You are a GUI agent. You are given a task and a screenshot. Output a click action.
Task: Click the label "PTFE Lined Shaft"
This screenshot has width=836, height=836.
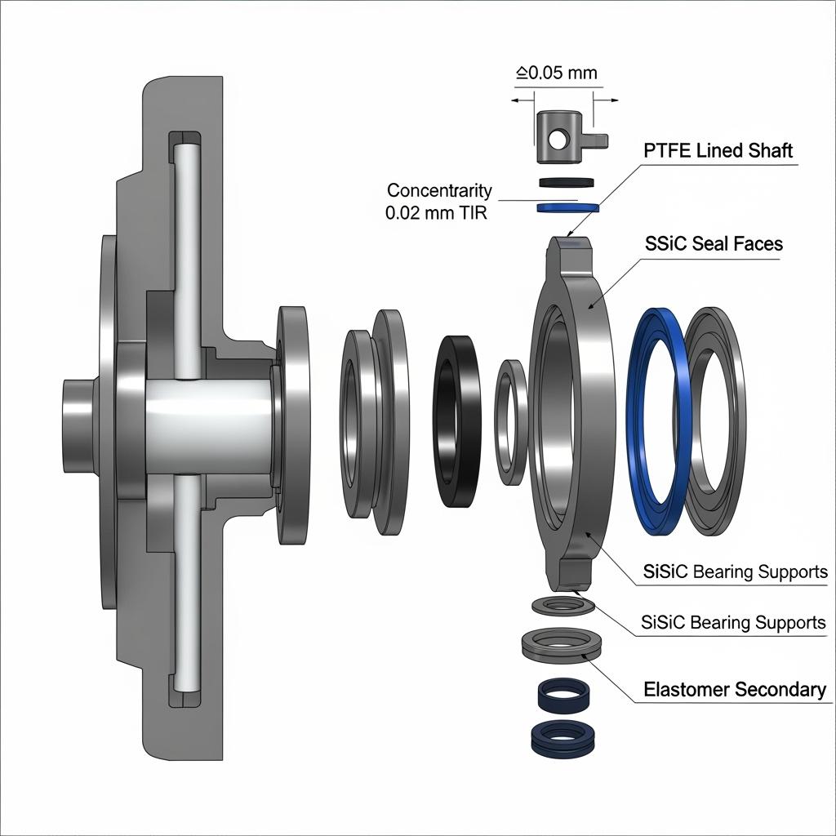(718, 151)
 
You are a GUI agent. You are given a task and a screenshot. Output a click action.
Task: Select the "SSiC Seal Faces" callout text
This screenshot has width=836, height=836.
(713, 243)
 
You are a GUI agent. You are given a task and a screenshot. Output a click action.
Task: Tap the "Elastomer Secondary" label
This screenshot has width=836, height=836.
(734, 690)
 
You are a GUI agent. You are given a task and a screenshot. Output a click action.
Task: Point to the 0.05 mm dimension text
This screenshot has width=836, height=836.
(557, 73)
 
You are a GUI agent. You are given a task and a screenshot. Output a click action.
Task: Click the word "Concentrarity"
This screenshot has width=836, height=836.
(439, 190)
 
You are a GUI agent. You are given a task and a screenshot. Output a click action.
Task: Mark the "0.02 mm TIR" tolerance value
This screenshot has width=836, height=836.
(438, 213)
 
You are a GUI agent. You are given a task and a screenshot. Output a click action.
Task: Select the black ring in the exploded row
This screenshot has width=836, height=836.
(457, 420)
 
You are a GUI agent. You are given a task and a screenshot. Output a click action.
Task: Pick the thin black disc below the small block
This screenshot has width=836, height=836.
(565, 182)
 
